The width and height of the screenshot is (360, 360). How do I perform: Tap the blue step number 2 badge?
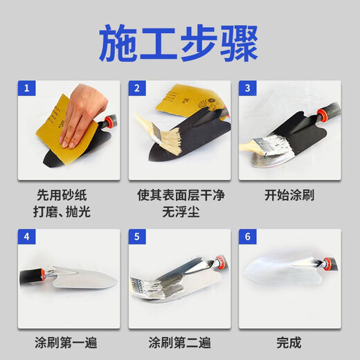tap(138, 89)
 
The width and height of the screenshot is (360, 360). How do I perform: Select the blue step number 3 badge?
tap(247, 89)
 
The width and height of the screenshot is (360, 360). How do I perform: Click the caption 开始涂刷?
tap(289, 195)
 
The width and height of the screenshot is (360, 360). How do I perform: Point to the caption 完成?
tap(289, 342)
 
